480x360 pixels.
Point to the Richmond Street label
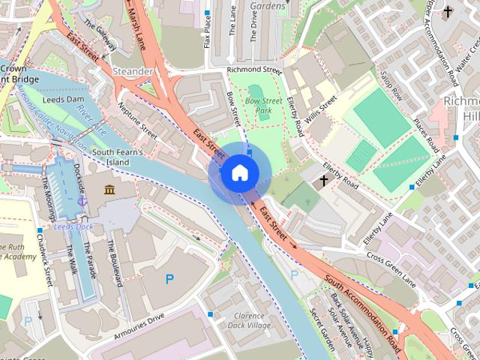(x=253, y=71)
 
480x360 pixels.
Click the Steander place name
(x=132, y=71)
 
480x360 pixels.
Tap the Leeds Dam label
(x=63, y=98)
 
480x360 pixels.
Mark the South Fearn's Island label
(x=117, y=157)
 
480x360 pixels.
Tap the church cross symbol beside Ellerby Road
(x=324, y=181)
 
